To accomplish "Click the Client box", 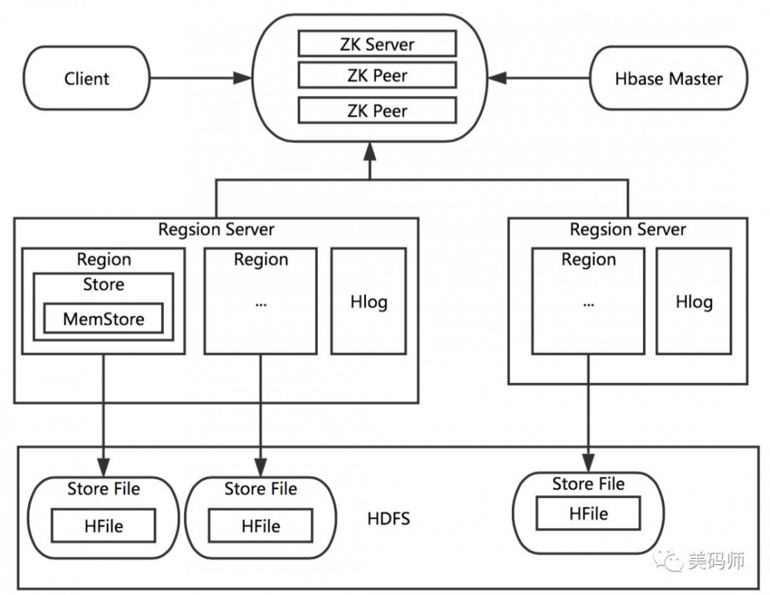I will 86,79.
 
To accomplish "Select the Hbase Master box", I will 668,79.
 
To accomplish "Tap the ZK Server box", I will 377,43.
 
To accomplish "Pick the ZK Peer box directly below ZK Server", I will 377,76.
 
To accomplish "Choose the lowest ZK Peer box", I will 377,110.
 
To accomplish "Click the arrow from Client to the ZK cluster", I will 200,79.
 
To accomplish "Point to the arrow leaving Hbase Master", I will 539,79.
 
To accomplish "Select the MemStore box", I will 103,318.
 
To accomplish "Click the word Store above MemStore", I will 103,284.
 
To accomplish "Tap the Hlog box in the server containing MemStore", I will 369,301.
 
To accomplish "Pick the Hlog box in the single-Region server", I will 694,301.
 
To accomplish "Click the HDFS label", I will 389,518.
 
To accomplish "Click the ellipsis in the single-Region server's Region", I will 588,303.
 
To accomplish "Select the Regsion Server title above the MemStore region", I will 216,229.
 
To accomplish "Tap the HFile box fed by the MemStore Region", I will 103,526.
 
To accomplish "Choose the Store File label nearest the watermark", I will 588,484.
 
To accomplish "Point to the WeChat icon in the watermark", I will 669,560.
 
